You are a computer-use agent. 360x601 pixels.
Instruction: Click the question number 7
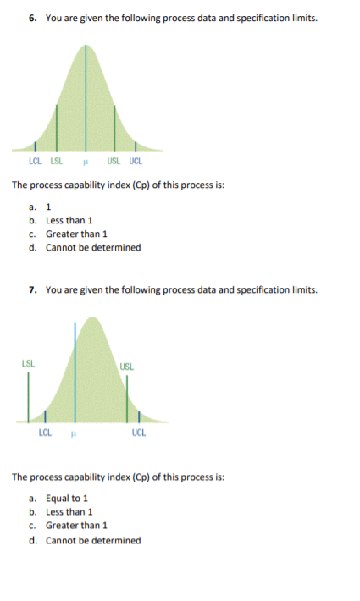pos(31,289)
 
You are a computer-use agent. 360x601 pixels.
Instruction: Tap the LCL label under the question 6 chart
pos(35,161)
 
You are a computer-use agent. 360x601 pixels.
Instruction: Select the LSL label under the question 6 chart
pos(57,161)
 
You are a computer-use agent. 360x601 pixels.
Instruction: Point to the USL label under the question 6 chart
pos(114,161)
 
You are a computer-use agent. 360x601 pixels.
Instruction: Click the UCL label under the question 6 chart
pos(136,161)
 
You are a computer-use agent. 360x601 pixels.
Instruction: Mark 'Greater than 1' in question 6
pos(76,234)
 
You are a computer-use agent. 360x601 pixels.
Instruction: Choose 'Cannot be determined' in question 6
pos(93,247)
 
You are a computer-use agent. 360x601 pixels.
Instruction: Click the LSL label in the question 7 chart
pos(27,365)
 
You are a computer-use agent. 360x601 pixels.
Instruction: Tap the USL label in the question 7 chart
pos(127,367)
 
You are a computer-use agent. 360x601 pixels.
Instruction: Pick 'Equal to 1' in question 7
pos(67,498)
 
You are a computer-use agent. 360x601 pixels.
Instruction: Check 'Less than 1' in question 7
pos(69,511)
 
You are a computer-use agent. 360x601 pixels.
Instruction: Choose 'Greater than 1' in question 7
pos(76,526)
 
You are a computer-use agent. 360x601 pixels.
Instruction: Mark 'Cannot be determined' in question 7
pos(93,540)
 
